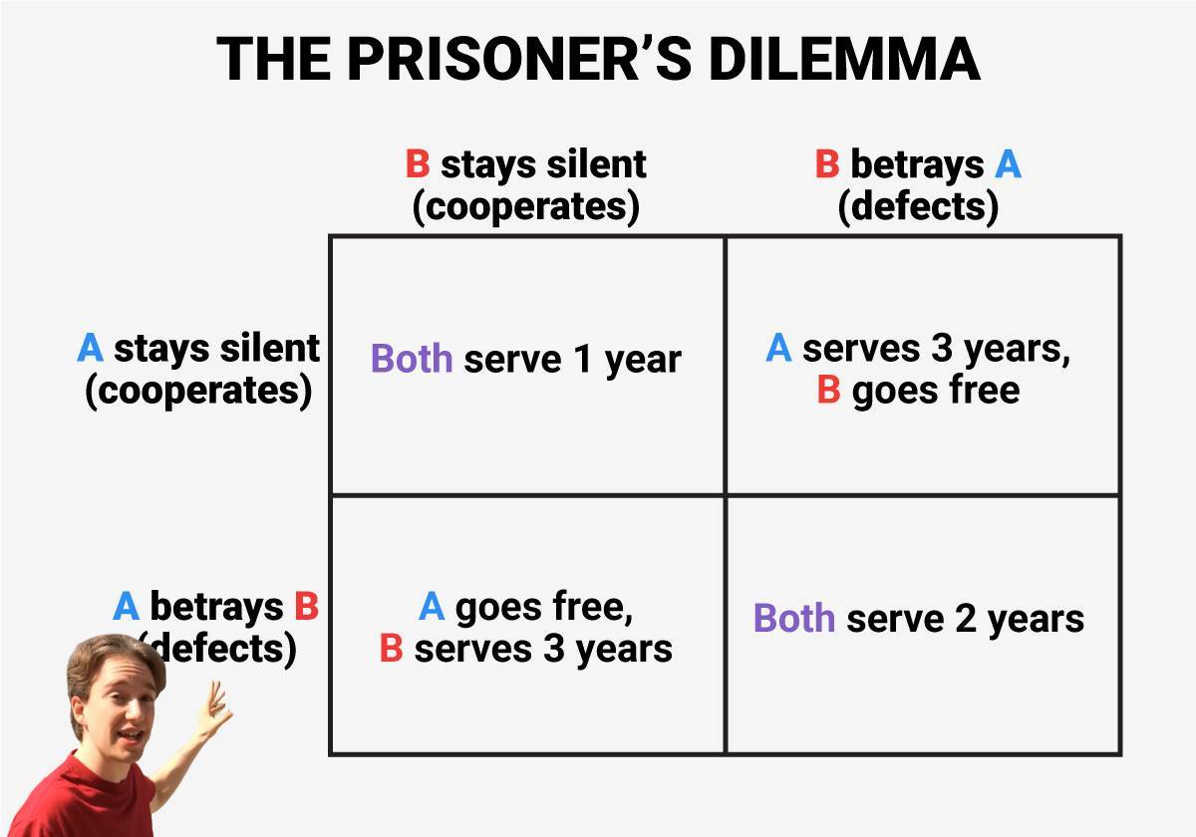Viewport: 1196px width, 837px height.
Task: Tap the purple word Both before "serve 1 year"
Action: pos(413,359)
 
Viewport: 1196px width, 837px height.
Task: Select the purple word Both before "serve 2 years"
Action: pos(794,618)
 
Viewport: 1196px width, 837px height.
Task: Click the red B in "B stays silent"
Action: pos(418,164)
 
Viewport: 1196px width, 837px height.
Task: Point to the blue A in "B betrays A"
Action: pos(1008,164)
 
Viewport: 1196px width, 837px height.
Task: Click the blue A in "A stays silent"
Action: pos(91,349)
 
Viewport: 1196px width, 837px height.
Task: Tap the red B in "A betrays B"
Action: pos(306,606)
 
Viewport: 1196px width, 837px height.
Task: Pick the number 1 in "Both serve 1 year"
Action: pos(583,360)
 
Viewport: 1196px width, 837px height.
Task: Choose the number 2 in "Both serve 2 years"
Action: pos(965,619)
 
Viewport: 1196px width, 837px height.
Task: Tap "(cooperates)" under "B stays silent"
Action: pos(525,206)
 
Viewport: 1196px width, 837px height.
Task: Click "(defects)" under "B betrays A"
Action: pos(918,206)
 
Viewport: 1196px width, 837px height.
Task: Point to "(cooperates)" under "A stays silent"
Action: pos(198,391)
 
